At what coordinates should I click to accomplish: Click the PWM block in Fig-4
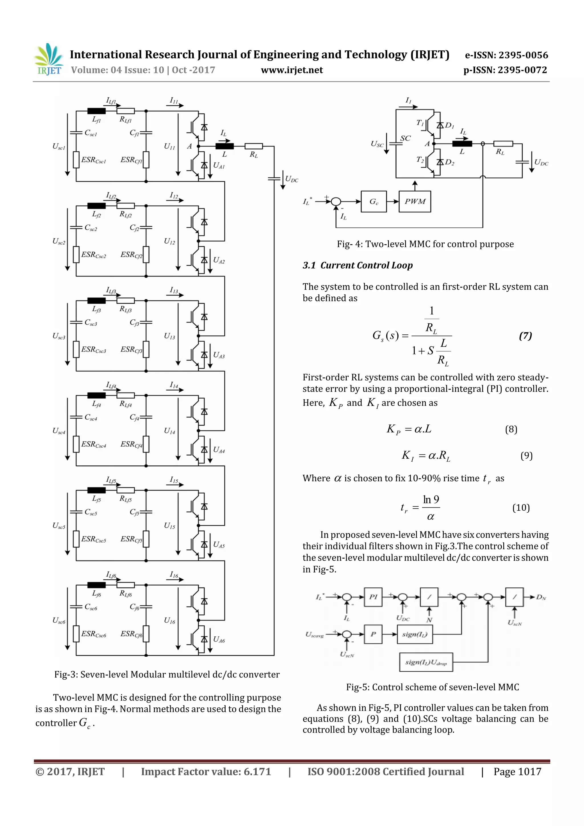[x=415, y=202]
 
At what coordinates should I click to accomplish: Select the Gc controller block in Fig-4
[x=374, y=202]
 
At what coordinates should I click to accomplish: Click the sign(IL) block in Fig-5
[x=415, y=634]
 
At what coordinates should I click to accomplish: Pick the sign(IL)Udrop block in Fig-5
[x=426, y=662]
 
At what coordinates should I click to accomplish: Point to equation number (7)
[x=525, y=336]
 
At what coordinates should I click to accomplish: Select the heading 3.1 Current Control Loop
[x=357, y=265]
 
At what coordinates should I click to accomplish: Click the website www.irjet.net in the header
[x=291, y=70]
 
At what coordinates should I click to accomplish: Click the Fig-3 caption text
[x=167, y=675]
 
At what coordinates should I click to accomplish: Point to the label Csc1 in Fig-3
[x=91, y=133]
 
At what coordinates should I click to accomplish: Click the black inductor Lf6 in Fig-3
[x=96, y=585]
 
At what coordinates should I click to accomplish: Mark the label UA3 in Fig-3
[x=219, y=355]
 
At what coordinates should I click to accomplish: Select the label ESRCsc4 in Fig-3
[x=94, y=444]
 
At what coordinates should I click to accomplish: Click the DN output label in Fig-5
[x=541, y=597]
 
